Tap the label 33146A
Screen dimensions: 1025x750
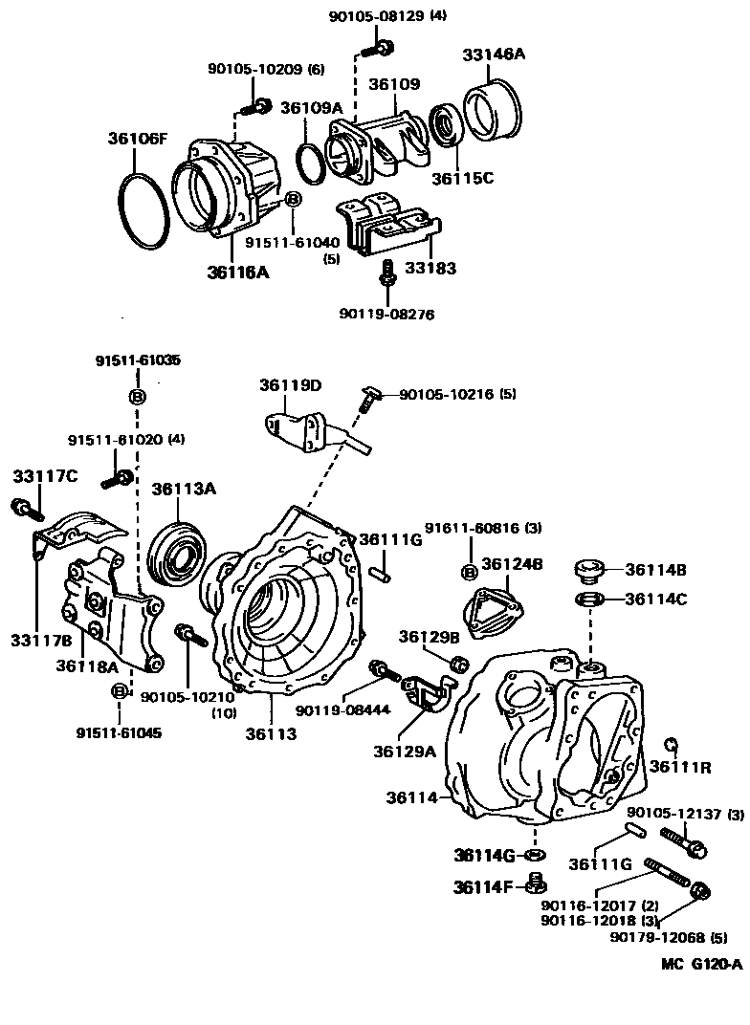click(495, 54)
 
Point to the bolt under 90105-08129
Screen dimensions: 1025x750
click(382, 44)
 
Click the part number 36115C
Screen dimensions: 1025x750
click(463, 177)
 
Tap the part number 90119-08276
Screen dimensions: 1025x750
click(386, 313)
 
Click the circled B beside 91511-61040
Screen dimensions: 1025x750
click(294, 198)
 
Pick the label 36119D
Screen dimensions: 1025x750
click(290, 385)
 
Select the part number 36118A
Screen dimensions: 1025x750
click(87, 665)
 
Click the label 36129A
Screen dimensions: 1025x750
click(405, 751)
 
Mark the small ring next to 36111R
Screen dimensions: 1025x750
click(672, 744)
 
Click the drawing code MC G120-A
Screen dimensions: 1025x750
click(700, 964)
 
